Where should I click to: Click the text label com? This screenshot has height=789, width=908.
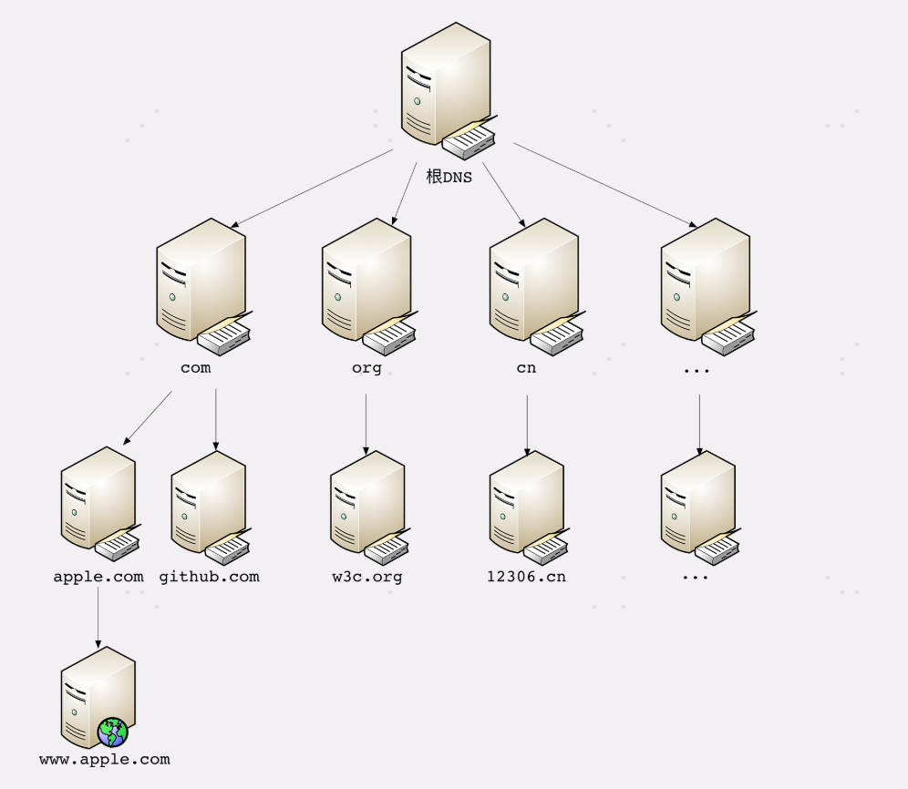tap(195, 368)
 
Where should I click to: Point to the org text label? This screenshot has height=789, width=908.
tap(366, 368)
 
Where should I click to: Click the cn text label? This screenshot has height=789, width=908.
tap(526, 368)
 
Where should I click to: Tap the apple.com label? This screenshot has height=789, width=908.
tap(98, 577)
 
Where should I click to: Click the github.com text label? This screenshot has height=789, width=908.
tap(209, 577)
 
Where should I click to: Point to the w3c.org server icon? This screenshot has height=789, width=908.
tap(367, 506)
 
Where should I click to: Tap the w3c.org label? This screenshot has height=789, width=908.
tap(367, 577)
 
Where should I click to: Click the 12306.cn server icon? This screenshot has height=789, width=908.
tap(527, 506)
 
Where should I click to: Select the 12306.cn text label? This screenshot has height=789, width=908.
tap(527, 577)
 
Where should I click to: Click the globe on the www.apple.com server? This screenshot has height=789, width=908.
tap(113, 732)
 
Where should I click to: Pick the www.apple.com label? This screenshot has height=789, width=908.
tap(104, 759)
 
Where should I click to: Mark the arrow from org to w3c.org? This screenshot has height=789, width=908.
tap(366, 423)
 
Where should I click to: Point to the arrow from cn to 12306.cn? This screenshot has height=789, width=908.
tap(527, 423)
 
